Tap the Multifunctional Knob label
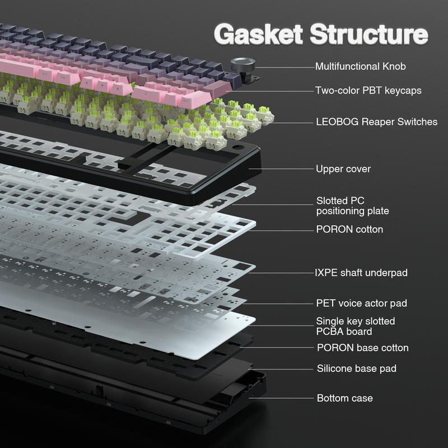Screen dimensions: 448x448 [x=360, y=66]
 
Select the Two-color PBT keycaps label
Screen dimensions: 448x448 [x=368, y=90]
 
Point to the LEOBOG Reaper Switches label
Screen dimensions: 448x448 [x=376, y=122]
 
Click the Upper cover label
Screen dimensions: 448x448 [x=343, y=169]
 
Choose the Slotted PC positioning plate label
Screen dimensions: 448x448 [x=352, y=206]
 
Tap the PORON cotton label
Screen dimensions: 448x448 [x=349, y=229]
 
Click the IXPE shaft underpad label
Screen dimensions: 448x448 [x=361, y=273]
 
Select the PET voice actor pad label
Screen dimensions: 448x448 [x=361, y=303]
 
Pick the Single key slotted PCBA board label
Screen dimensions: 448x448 [x=355, y=326]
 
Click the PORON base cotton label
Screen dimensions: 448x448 [x=362, y=348]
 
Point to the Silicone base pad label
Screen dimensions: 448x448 [x=356, y=368]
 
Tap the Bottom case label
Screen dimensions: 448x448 [x=344, y=398]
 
